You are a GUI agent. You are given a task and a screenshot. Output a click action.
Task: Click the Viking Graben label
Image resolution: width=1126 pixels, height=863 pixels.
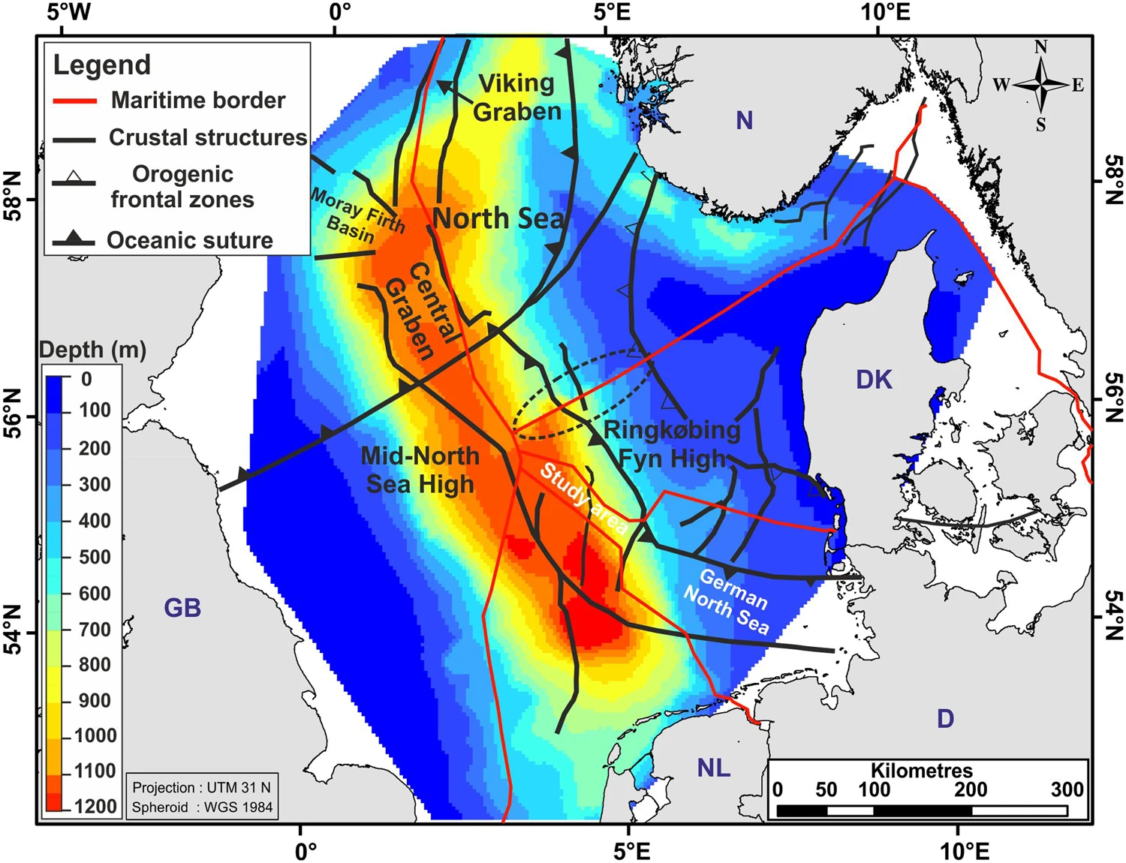[517, 97]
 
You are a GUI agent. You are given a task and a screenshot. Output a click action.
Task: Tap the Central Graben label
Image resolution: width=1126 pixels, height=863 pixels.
[420, 311]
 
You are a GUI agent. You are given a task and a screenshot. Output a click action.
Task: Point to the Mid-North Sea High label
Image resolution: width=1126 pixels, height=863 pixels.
[420, 469]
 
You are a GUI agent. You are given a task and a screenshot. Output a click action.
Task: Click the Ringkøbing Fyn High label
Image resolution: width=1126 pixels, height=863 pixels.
[672, 444]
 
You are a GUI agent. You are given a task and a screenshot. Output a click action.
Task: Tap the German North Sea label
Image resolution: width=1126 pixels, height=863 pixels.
[727, 601]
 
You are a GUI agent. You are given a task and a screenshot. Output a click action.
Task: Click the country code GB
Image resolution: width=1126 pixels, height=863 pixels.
[182, 607]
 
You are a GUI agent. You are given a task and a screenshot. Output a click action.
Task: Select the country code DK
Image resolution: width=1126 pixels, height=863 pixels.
[874, 380]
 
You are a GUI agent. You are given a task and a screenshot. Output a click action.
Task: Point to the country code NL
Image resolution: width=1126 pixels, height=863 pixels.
[713, 768]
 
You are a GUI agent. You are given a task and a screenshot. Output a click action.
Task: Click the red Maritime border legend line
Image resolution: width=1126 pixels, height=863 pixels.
[74, 101]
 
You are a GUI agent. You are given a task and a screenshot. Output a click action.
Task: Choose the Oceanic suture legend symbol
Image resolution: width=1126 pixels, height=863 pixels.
[73, 240]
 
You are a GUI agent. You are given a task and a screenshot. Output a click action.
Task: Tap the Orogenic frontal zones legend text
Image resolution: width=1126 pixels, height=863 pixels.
[183, 186]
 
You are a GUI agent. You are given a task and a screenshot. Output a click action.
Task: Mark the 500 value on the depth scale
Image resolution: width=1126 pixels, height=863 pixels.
[95, 557]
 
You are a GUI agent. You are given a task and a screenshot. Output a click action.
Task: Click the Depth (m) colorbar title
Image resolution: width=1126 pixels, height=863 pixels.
[92, 350]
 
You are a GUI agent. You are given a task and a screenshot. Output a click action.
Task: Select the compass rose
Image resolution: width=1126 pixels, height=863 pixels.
[1040, 86]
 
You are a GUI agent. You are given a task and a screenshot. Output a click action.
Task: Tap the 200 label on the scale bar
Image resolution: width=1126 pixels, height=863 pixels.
[971, 789]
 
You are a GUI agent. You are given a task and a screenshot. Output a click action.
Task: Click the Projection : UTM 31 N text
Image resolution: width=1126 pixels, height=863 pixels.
[201, 787]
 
